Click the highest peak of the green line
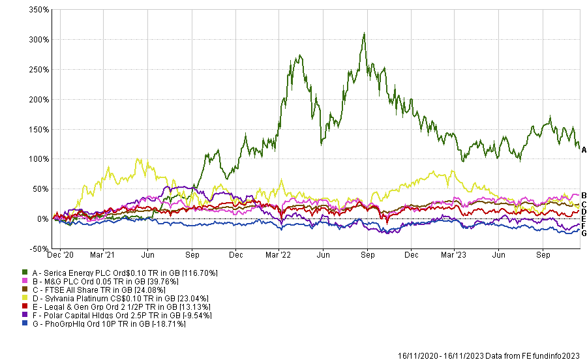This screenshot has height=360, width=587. tap(364, 33)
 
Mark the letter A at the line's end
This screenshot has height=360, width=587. tap(584, 150)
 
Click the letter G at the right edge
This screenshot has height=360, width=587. tap(584, 233)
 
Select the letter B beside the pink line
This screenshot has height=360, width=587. tap(584, 196)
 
